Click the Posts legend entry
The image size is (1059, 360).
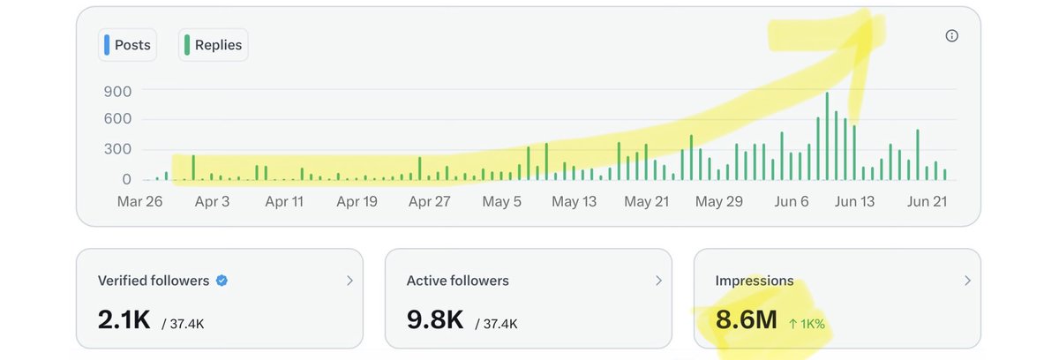pyautogui.click(x=128, y=45)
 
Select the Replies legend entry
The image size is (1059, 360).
pyautogui.click(x=214, y=45)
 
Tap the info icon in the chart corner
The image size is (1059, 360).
pyautogui.click(x=951, y=36)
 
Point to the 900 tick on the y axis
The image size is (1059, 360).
pyautogui.click(x=117, y=91)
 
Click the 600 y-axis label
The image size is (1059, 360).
pyautogui.click(x=117, y=118)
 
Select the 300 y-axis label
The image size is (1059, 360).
pyautogui.click(x=117, y=149)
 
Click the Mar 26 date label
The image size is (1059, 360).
pyautogui.click(x=139, y=201)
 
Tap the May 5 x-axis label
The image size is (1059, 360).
pyautogui.click(x=501, y=201)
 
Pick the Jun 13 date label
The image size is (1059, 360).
pyautogui.click(x=854, y=201)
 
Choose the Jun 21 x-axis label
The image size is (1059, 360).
pyautogui.click(x=927, y=201)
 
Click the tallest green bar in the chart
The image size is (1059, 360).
pyautogui.click(x=827, y=136)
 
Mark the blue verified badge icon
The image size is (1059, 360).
pyautogui.click(x=222, y=281)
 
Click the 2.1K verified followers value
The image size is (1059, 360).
pyautogui.click(x=124, y=319)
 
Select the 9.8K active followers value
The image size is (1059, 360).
pyautogui.click(x=435, y=319)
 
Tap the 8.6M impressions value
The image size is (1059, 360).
pyautogui.click(x=746, y=319)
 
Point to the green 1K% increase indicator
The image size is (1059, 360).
pyautogui.click(x=807, y=324)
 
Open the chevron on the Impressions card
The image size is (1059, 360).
pyautogui.click(x=967, y=281)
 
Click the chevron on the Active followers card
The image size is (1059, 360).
pyautogui.click(x=658, y=281)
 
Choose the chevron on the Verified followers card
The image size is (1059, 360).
pyautogui.click(x=349, y=281)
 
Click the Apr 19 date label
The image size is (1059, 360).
pyautogui.click(x=357, y=201)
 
